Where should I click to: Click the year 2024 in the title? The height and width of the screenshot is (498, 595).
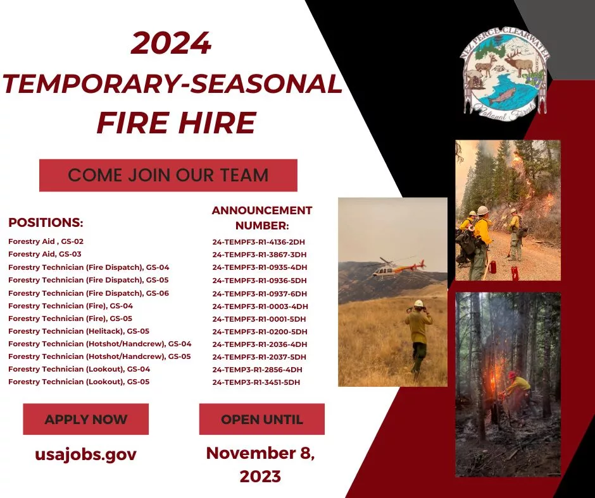(171, 43)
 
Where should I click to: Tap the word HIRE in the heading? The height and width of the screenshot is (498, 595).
(218, 123)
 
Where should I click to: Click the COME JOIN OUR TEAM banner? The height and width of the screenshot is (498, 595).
(168, 175)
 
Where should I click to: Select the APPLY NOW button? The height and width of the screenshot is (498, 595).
(85, 419)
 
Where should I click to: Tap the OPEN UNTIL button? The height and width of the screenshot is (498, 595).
(262, 419)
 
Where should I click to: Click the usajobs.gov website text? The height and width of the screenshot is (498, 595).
(85, 454)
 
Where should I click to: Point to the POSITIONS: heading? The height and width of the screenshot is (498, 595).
(46, 222)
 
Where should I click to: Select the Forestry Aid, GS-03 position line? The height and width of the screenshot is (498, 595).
(45, 254)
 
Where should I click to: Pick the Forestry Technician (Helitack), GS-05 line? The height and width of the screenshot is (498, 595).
(79, 331)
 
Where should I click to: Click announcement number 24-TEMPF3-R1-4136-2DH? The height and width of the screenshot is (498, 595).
(259, 242)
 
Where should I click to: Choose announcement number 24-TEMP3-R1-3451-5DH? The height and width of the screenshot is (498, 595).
(256, 382)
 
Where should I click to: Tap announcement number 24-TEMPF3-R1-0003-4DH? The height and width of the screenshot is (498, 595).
(260, 307)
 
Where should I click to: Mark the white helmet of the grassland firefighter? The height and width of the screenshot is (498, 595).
(418, 303)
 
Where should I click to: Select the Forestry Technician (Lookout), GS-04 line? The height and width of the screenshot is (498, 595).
(79, 369)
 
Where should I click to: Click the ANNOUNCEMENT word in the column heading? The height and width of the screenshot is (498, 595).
(262, 210)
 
